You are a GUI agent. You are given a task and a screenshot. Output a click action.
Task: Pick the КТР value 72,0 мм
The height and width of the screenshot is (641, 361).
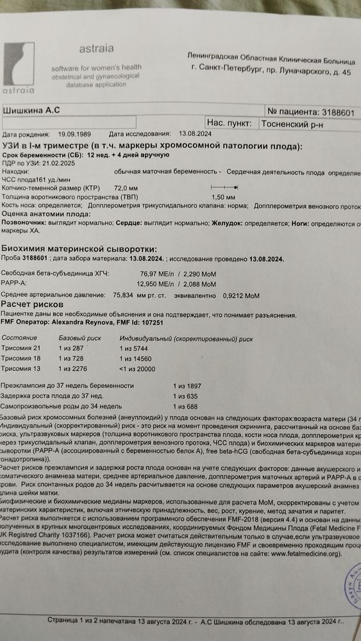126,187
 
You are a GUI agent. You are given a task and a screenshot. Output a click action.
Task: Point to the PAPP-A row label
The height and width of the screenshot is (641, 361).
15,283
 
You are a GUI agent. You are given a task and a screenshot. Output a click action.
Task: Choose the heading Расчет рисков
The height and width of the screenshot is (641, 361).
32,304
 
